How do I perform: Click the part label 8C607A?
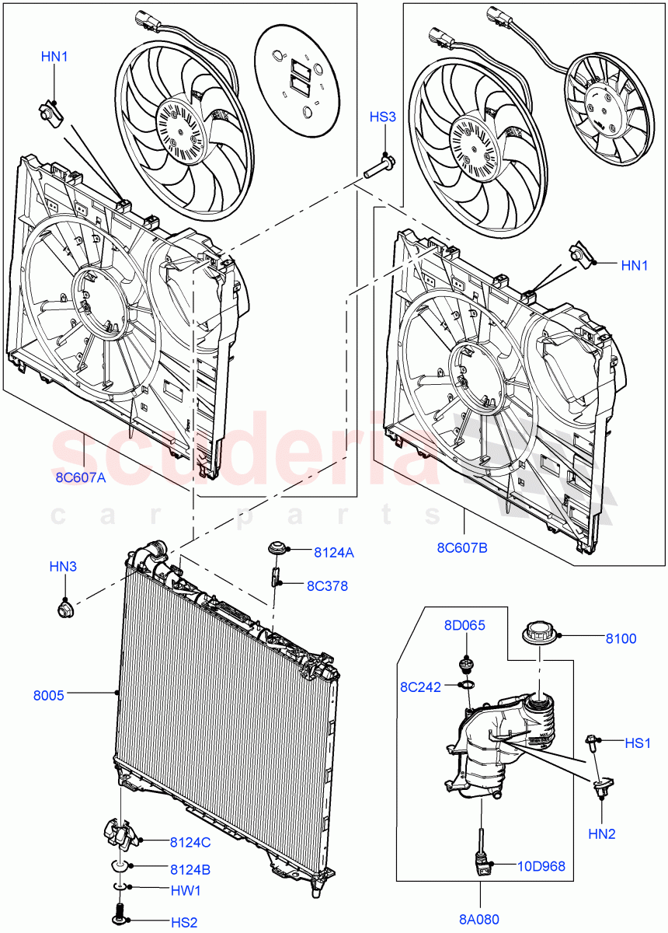81,478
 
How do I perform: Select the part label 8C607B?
462,547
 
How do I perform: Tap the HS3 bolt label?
382,117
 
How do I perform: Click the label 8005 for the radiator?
48,695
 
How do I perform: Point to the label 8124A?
334,553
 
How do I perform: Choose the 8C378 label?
327,585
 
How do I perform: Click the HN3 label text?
63,568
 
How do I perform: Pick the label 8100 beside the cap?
621,639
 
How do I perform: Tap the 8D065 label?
464,625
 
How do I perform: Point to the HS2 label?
184,922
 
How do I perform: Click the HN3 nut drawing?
65,607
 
